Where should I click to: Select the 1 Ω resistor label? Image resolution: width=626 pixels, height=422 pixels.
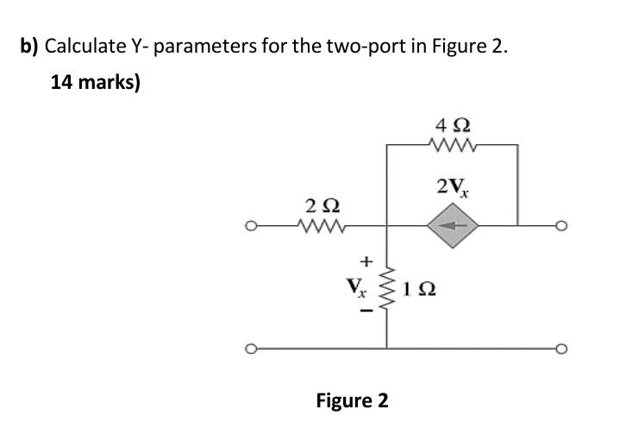click(421, 287)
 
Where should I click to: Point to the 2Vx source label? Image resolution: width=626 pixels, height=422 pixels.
click(454, 186)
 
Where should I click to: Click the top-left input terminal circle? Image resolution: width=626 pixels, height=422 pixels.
click(250, 228)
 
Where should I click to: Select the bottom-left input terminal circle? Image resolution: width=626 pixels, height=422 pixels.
click(250, 349)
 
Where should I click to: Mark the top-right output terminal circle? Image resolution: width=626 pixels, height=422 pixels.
click(562, 228)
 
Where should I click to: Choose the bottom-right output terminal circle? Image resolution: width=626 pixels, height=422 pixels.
click(562, 349)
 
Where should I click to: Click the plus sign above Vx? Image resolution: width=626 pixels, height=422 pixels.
click(366, 259)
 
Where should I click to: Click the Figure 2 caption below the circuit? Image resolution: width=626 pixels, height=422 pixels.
click(352, 400)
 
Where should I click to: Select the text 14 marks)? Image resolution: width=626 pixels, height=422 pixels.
click(96, 83)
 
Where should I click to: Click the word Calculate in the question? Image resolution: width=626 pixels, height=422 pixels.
click(85, 45)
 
